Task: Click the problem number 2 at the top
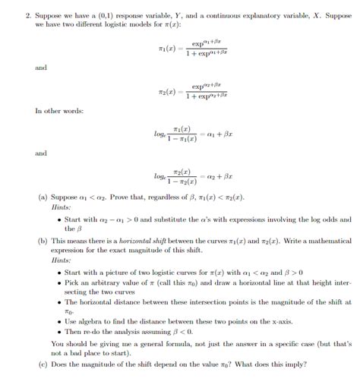click(27, 14)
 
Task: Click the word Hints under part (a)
click(62, 206)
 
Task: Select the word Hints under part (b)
click(62, 260)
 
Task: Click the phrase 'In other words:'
click(59, 111)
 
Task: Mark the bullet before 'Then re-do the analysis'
click(58, 332)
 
